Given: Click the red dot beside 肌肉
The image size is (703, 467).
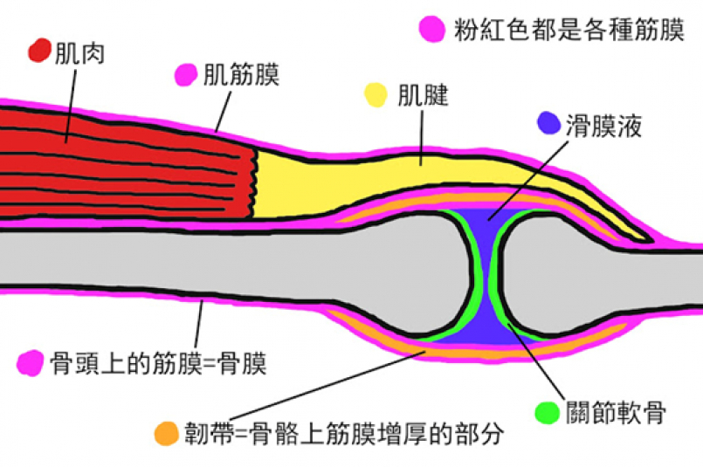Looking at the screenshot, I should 40,51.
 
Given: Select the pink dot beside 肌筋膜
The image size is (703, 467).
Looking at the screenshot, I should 186,75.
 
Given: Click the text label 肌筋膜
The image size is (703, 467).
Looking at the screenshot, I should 240,75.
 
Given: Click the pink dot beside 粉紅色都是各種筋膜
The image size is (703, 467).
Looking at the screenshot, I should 431,30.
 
